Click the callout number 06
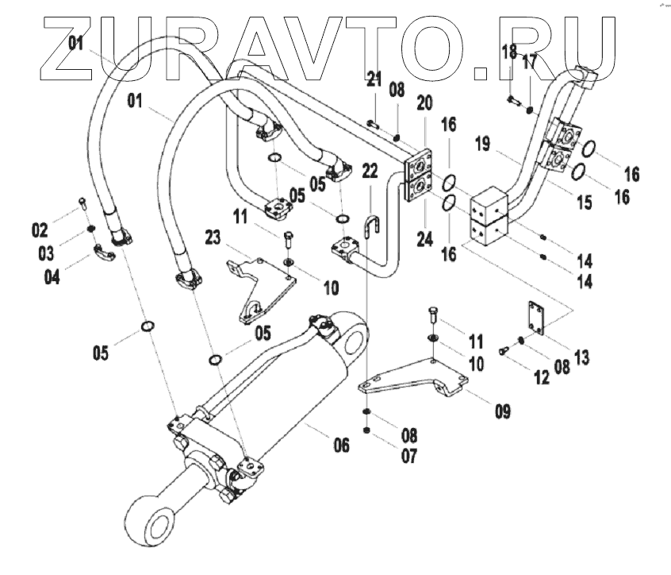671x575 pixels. click(x=340, y=446)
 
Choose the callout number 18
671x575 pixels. click(x=508, y=52)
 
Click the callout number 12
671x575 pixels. click(x=541, y=377)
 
